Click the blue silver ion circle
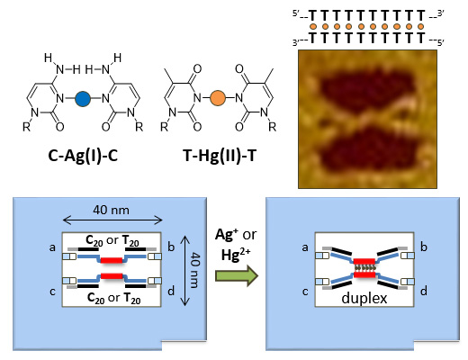[x=83, y=98]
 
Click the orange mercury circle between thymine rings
[x=218, y=98]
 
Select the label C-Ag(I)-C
[x=83, y=156]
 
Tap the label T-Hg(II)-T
[x=220, y=156]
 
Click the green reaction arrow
[x=237, y=275]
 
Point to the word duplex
[x=364, y=299]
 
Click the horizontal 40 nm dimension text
[x=111, y=210]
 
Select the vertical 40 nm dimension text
[x=195, y=270]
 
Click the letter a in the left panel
[x=52, y=247]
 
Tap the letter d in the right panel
[x=424, y=291]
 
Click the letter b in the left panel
[x=171, y=247]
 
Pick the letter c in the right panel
[x=305, y=292]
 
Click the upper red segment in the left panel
[x=112, y=260]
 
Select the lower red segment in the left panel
[x=112, y=275]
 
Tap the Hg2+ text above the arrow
[x=236, y=255]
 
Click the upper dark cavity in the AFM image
[x=367, y=89]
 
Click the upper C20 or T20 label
[x=112, y=240]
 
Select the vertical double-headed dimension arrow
[x=185, y=270]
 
